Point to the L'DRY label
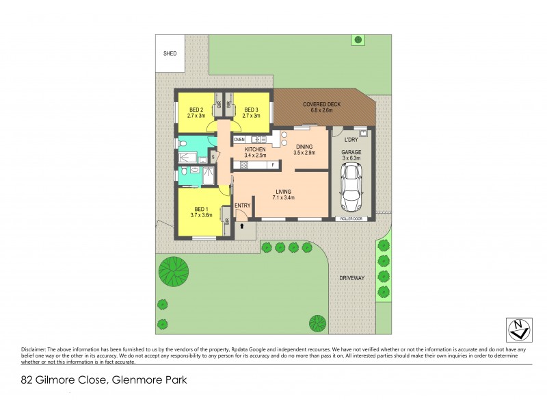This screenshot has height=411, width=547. tap(351, 140)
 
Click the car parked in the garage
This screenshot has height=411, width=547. tap(351, 189)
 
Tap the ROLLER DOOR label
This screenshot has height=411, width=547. tap(351, 219)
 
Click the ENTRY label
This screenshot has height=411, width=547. tap(242, 206)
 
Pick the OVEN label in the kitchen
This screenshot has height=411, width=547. tap(239, 140)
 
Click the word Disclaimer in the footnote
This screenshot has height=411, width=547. tap(34, 348)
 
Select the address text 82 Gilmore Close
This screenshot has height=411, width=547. tap(65, 379)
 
